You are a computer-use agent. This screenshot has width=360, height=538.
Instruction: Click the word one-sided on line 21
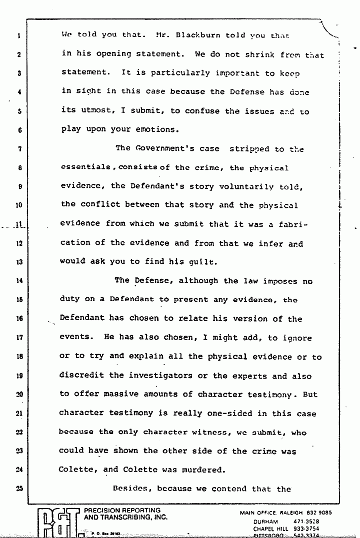(219, 414)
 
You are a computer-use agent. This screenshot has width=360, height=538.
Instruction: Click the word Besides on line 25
(132, 489)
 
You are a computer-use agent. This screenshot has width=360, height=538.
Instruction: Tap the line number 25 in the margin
(17, 490)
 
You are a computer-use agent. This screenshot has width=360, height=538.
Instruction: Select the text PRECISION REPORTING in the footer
(122, 511)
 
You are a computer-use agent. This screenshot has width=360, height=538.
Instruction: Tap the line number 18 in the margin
(17, 357)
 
